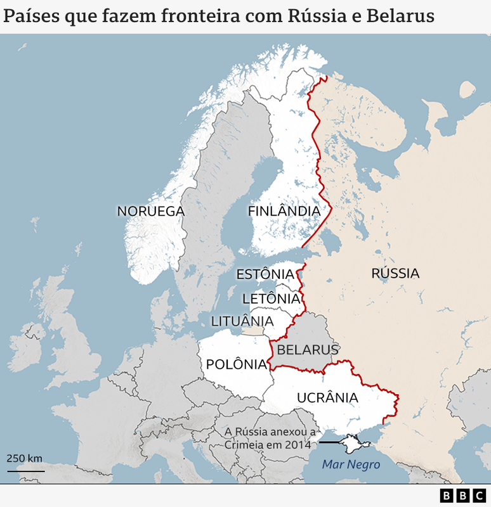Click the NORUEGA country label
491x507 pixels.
pyautogui.click(x=150, y=211)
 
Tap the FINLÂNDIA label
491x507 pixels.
pyautogui.click(x=284, y=210)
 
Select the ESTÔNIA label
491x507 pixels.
pyautogui.click(x=265, y=274)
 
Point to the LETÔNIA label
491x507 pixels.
pyautogui.click(x=271, y=298)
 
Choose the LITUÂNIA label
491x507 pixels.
pyautogui.click(x=242, y=321)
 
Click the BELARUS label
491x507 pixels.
pyautogui.click(x=308, y=349)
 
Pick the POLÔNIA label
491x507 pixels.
pyautogui.click(x=237, y=364)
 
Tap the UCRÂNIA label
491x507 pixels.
pyautogui.click(x=327, y=397)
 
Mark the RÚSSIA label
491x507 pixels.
pyautogui.click(x=395, y=273)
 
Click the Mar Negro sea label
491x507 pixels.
pyautogui.click(x=351, y=465)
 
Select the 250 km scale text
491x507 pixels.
pyautogui.click(x=25, y=458)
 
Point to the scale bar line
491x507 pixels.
pyautogui.click(x=26, y=471)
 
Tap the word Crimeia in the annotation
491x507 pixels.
pyautogui.click(x=245, y=445)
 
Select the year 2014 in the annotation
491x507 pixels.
pyautogui.click(x=298, y=445)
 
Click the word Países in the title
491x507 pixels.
pyautogui.click(x=32, y=16)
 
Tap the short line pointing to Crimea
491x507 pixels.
pyautogui.click(x=329, y=442)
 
